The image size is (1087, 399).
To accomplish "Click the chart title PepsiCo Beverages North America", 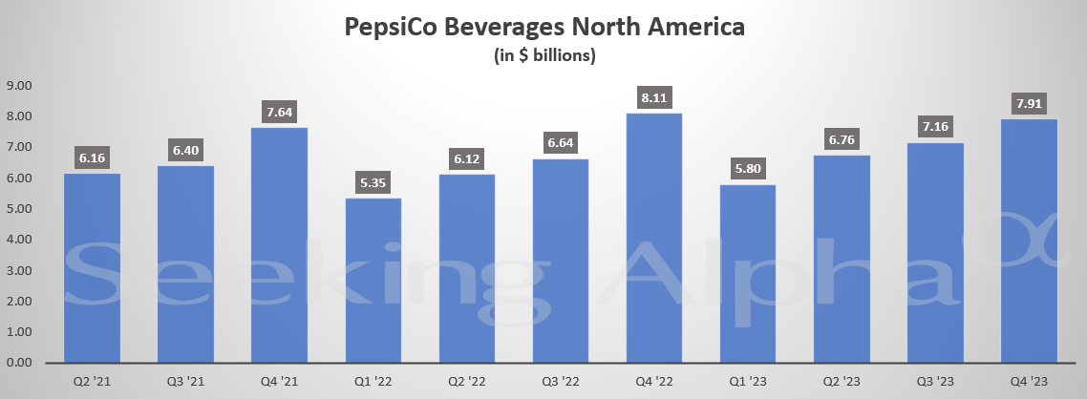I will [x=543, y=28].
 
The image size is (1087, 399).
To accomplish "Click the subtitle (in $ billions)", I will [x=543, y=55].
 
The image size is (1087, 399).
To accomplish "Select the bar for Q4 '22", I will [x=654, y=239].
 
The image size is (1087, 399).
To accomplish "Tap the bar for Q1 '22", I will [x=373, y=281].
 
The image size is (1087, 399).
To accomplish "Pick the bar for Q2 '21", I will [x=92, y=268].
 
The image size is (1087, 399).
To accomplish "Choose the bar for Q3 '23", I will [x=935, y=253].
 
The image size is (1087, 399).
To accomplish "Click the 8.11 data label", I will [x=654, y=96].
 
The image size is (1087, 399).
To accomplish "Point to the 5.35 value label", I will [x=373, y=181].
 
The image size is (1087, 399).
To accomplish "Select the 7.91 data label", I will [x=1029, y=102].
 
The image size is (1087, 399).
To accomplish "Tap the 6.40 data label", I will [x=185, y=149].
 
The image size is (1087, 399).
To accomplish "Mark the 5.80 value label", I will [x=748, y=168].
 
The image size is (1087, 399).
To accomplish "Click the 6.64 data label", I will [x=561, y=142].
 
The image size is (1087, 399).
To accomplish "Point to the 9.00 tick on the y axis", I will [x=19, y=86].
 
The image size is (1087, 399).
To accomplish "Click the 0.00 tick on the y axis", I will [x=19, y=364].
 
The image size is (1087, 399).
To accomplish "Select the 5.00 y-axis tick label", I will [x=19, y=209].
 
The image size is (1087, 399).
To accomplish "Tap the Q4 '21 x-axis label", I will [x=279, y=381].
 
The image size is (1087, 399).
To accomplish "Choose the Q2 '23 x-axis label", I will [x=842, y=381].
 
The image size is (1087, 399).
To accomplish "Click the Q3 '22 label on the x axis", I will [x=561, y=381].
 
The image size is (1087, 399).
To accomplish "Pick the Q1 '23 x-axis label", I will [x=748, y=381].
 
